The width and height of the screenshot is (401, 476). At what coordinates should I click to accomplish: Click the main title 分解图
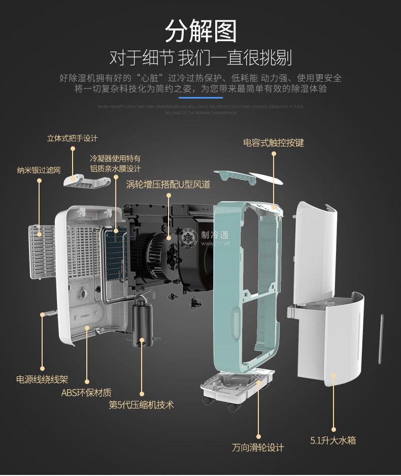click(201, 31)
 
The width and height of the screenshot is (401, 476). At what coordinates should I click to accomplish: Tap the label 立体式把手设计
click(72, 138)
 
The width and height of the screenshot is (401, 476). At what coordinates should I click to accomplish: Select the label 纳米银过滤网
click(39, 170)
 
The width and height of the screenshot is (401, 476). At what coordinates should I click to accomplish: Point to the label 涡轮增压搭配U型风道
click(168, 184)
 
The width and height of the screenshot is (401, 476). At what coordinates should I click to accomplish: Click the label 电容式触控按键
click(274, 143)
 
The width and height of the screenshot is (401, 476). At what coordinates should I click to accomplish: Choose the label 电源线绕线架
click(42, 379)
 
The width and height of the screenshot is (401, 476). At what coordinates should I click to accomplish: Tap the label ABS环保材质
click(86, 392)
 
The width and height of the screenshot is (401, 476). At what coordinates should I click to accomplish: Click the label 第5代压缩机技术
click(141, 404)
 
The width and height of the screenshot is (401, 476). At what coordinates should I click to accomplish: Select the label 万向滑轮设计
click(258, 448)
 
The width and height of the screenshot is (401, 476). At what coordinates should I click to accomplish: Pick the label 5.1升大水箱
click(333, 440)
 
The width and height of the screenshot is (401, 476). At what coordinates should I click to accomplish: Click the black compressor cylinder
click(142, 323)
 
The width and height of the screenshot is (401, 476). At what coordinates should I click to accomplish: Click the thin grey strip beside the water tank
click(382, 339)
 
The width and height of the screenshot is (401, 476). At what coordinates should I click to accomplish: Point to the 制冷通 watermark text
click(215, 235)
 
